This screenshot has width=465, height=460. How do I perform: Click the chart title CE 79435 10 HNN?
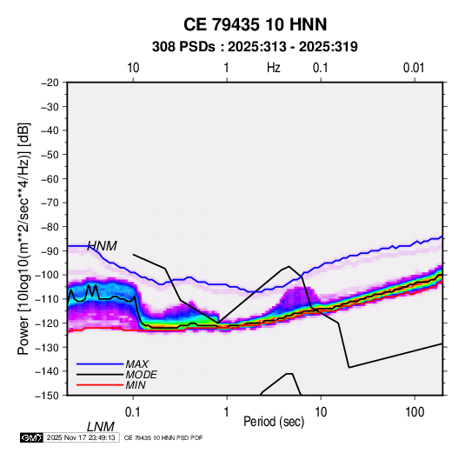click(255, 24)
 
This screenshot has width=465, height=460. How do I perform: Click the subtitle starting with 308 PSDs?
click(255, 47)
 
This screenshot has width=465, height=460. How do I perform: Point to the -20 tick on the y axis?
click(50, 83)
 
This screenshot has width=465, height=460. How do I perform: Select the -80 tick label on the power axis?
click(50, 227)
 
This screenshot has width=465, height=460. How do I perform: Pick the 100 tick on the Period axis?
click(415, 412)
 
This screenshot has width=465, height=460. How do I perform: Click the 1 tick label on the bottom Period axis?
click(227, 412)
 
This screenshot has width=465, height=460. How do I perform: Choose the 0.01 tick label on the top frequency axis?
click(414, 68)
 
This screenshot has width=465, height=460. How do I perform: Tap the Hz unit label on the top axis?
click(274, 68)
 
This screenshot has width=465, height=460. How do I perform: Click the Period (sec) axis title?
click(274, 422)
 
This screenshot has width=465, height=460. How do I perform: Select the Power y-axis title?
click(23, 238)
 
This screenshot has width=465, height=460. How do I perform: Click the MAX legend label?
click(137, 363)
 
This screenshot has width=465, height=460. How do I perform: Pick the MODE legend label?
click(141, 375)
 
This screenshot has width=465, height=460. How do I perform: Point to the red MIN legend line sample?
click(100, 385)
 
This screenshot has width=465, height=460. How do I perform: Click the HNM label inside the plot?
click(103, 246)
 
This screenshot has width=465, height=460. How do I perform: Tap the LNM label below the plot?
click(101, 427)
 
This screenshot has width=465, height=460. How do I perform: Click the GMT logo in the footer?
click(31, 437)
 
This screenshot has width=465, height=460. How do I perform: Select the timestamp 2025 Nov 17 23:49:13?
click(81, 437)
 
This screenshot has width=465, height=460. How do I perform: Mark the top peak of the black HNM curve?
click(289, 266)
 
